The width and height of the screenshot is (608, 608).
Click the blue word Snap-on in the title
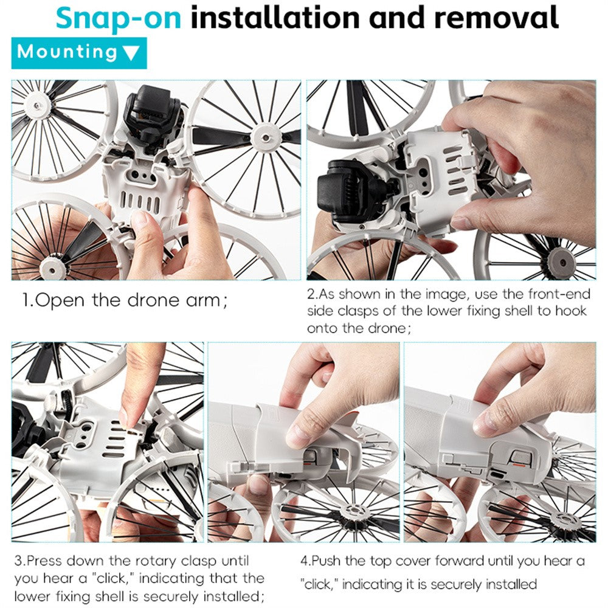click(119, 18)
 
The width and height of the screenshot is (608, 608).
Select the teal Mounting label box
click(79, 53)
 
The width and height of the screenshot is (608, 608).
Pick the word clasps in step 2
click(359, 311)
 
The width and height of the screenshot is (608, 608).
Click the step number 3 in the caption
click(18, 561)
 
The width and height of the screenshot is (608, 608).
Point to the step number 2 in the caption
click(311, 294)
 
